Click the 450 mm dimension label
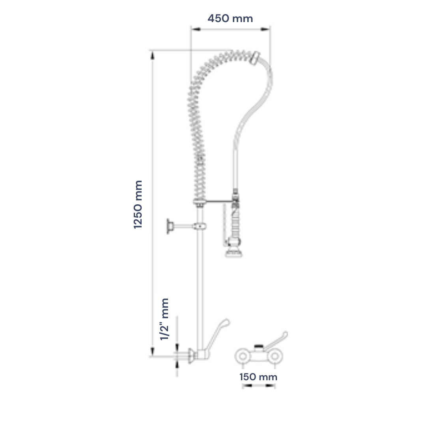[230, 19]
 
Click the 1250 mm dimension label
[138, 204]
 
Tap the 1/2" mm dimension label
[164, 319]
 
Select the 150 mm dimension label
[258, 377]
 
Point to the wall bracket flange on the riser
[170, 226]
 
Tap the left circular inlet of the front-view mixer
[243, 356]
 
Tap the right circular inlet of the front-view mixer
[275, 356]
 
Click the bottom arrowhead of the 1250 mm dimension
[152, 351]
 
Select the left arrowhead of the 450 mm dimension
[196, 29]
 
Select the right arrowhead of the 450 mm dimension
[265, 29]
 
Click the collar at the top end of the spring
[255, 58]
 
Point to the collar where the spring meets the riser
[200, 202]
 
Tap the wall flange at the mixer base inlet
[191, 355]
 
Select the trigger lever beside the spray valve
[225, 225]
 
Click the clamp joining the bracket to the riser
[200, 226]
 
